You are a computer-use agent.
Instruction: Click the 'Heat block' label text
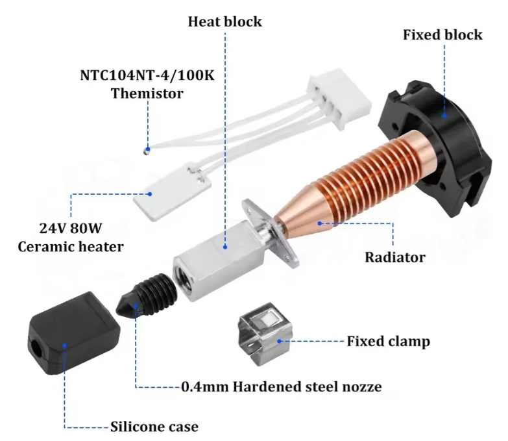click(x=225, y=21)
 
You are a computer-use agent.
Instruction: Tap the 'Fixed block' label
click(x=442, y=34)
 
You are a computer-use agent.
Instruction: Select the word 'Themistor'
click(x=147, y=94)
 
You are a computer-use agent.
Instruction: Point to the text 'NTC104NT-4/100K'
click(x=147, y=75)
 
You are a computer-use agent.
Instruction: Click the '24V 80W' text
click(x=71, y=228)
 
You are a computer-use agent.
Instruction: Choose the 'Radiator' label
click(x=395, y=257)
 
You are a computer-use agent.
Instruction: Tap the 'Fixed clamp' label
click(x=389, y=341)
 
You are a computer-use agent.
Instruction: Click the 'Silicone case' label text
click(x=154, y=427)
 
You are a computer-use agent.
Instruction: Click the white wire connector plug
click(x=339, y=98)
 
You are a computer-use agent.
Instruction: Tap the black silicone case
click(x=74, y=333)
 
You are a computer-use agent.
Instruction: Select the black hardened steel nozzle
click(x=147, y=296)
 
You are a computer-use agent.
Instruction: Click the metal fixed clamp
click(x=265, y=334)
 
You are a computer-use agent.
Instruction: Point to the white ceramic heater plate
click(x=173, y=192)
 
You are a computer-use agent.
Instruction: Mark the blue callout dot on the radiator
click(x=320, y=223)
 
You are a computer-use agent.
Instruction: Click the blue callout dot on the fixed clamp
click(x=279, y=341)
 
